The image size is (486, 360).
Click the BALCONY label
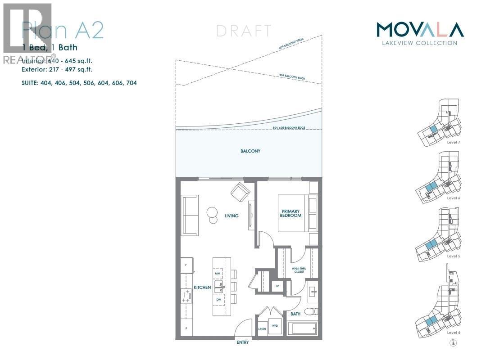click(x=250, y=151)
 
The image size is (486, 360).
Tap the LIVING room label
click(x=232, y=216)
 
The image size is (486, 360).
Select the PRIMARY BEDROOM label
click(x=291, y=213)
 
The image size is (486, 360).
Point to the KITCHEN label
click(x=202, y=287)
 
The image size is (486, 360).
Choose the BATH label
click(x=295, y=314)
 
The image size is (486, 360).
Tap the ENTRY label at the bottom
click(x=242, y=342)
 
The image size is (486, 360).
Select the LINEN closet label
click(x=262, y=328)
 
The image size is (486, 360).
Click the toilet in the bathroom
click(x=312, y=311)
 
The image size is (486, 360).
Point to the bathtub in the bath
click(x=302, y=328)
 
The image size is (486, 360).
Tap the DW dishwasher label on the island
click(x=218, y=299)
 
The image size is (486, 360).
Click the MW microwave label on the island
click(x=218, y=273)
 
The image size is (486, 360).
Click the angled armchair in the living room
click(x=240, y=193)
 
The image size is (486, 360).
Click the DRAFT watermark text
click(x=244, y=31)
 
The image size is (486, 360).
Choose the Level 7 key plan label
click(x=453, y=142)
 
